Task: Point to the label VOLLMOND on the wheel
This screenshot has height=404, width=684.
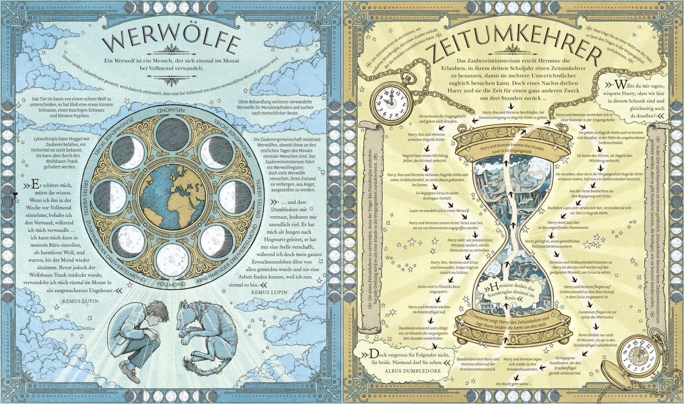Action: pyautogui.click(x=171, y=284)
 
